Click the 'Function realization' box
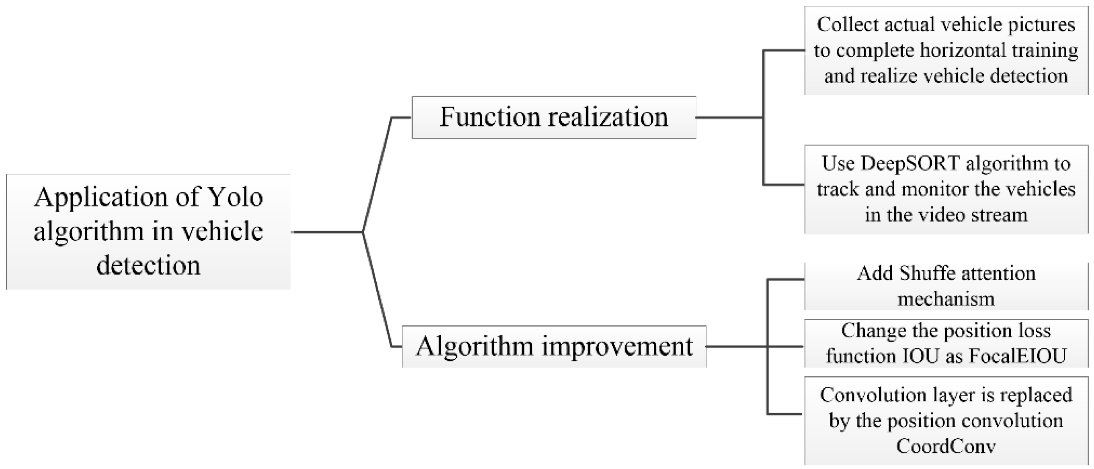(554, 117)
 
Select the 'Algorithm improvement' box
(554, 347)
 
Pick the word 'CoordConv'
(946, 446)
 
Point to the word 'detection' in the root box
(148, 266)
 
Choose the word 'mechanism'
(946, 299)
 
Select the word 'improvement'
(617, 347)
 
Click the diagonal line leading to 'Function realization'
(377, 174)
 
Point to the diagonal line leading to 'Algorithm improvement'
(377, 290)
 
